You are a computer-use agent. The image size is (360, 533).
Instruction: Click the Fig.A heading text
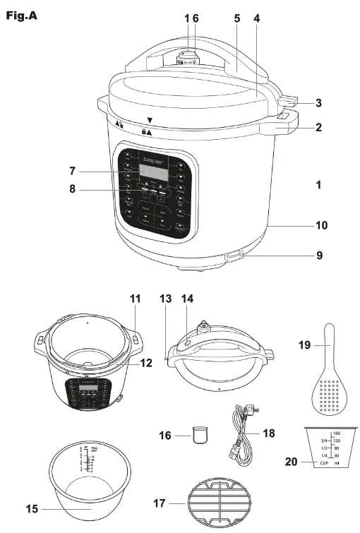pyautogui.click(x=21, y=15)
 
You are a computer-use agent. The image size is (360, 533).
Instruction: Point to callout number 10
pyautogui.click(x=321, y=226)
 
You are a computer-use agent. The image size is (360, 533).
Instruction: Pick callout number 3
pyautogui.click(x=319, y=103)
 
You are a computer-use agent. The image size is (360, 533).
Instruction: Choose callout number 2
pyautogui.click(x=319, y=128)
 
